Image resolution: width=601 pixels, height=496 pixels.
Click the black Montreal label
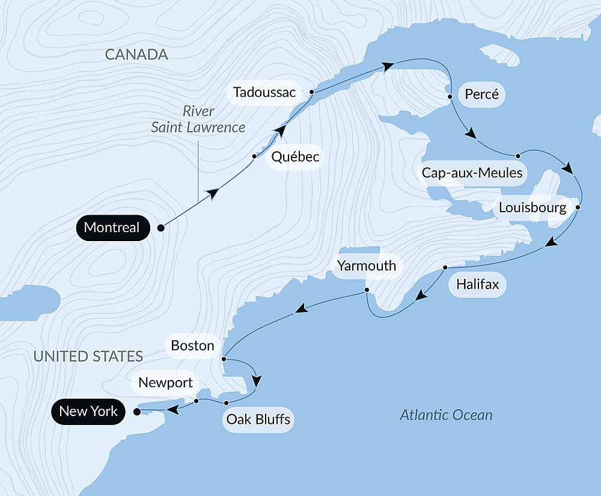pos(112,228)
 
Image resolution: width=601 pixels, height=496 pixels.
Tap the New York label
pos(88,412)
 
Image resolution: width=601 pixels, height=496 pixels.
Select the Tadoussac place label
pos(264,93)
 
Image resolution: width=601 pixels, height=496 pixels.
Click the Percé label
pos(482,95)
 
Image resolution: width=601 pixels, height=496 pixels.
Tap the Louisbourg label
pos(532,208)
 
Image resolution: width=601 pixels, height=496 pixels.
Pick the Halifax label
pos(477,284)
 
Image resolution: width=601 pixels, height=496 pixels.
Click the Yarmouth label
pos(367,265)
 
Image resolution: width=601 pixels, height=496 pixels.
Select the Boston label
pos(192,346)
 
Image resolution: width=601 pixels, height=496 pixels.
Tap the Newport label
pos(165,383)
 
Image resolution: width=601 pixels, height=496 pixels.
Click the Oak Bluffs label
pos(258,419)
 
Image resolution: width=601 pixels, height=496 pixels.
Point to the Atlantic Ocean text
pos(446,415)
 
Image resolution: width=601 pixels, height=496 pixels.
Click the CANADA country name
pos(136,55)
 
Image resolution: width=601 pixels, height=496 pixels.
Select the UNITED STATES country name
pos(88,356)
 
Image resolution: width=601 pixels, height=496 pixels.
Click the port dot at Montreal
pos(160,228)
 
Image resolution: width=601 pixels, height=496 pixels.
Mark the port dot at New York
pos(137,412)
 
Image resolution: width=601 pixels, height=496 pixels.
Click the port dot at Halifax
pos(445,268)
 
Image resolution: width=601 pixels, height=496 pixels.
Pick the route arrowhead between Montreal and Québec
pos(212,192)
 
